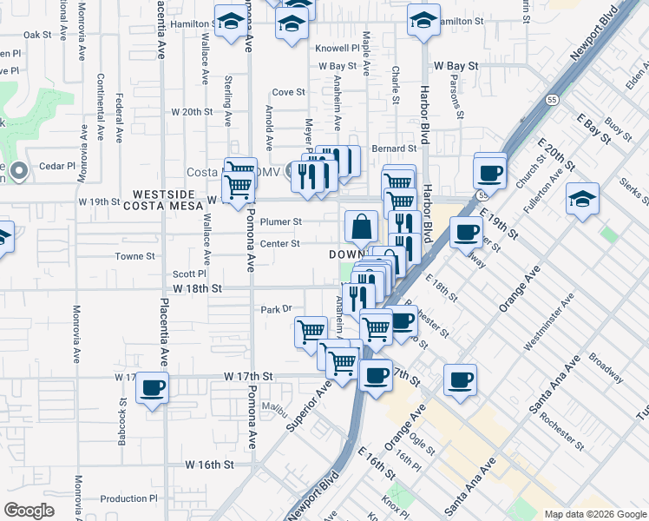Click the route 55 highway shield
[x=552, y=100]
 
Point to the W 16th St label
[x=210, y=465]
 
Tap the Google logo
[x=29, y=511]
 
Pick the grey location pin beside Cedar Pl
[x=20, y=169]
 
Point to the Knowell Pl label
[x=338, y=49]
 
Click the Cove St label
[x=289, y=92]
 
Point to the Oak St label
[x=38, y=35]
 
